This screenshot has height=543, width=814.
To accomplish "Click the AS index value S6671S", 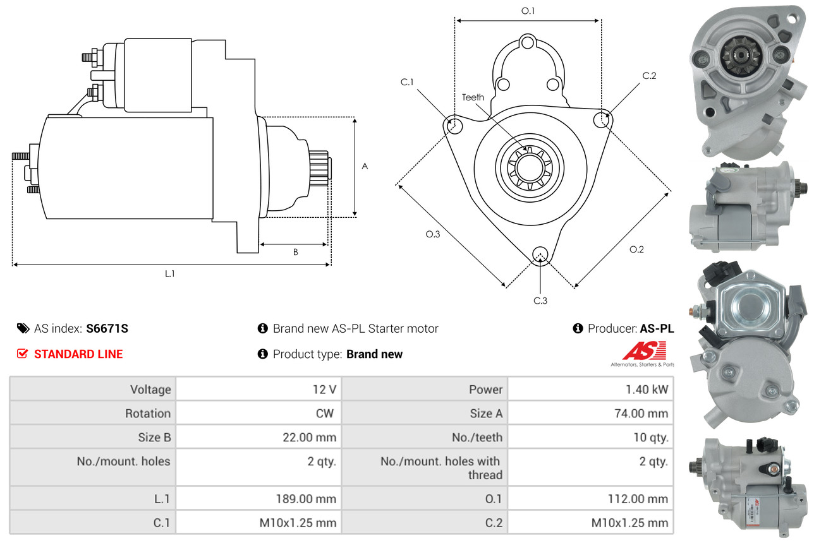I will pyautogui.click(x=107, y=328).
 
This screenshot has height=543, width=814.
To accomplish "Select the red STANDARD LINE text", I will pyautogui.click(x=78, y=354).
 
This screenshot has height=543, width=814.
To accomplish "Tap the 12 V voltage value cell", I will pyautogui.click(x=324, y=389).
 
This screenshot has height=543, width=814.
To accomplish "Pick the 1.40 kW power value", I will pyautogui.click(x=647, y=389).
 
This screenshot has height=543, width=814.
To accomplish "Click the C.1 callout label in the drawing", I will pyautogui.click(x=406, y=82).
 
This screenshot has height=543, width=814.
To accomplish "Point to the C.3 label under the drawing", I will pyautogui.click(x=540, y=301).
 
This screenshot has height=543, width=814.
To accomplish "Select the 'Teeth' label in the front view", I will pyautogui.click(x=473, y=97).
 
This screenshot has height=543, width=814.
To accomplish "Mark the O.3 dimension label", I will pyautogui.click(x=432, y=234).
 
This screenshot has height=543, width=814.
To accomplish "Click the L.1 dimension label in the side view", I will pyautogui.click(x=169, y=273).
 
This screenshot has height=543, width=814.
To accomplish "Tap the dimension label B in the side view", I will pyautogui.click(x=295, y=252).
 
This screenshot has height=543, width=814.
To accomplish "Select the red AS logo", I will pyautogui.click(x=644, y=351).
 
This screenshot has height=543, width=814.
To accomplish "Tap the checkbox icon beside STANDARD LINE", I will pyautogui.click(x=22, y=354).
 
